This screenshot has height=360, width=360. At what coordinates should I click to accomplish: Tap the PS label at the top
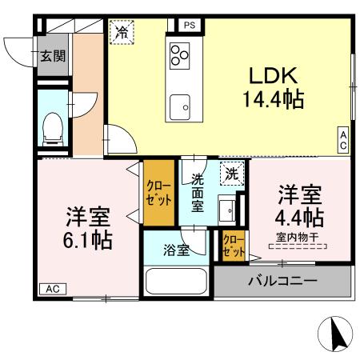tap(190, 26)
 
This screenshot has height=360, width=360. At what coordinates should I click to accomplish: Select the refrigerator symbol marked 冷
tap(122, 33)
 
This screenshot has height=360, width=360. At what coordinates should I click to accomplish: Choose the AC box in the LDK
tap(343, 141)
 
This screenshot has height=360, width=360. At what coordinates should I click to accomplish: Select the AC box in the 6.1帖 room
tap(52, 288)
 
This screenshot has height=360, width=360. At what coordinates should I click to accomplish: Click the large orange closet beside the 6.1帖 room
tap(157, 194)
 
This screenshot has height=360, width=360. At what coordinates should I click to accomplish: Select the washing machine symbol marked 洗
tap(230, 173)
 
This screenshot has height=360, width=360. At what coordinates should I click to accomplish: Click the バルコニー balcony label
tap(282, 281)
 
